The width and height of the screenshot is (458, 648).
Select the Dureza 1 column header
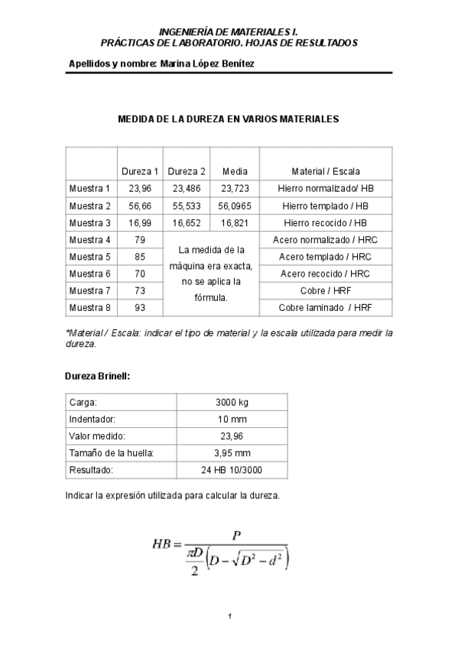pos(140,171)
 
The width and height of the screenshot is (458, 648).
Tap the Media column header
pos(235,171)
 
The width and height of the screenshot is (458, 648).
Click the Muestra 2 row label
pos(89,206)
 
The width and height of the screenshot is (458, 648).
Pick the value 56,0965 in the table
pos(235,206)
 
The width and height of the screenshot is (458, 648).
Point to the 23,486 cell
pos(187,189)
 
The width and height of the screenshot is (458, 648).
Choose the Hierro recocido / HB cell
pos(326,223)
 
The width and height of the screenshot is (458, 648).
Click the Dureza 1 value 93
pos(140,307)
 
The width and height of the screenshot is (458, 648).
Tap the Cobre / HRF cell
pos(326,290)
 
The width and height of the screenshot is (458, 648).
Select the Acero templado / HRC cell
pos(326,257)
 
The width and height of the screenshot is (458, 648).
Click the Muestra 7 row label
pos(89,290)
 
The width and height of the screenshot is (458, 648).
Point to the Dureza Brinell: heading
pos(97,376)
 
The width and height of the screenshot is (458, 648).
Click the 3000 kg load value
pos(232,402)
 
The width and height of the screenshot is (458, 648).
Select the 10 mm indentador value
pos(232,420)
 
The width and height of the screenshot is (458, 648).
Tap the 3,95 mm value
pos(232,453)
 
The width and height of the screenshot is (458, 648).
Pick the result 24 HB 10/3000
pos(232,470)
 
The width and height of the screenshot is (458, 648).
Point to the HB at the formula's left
pos(161,545)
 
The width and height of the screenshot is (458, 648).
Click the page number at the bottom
pos(229,616)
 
